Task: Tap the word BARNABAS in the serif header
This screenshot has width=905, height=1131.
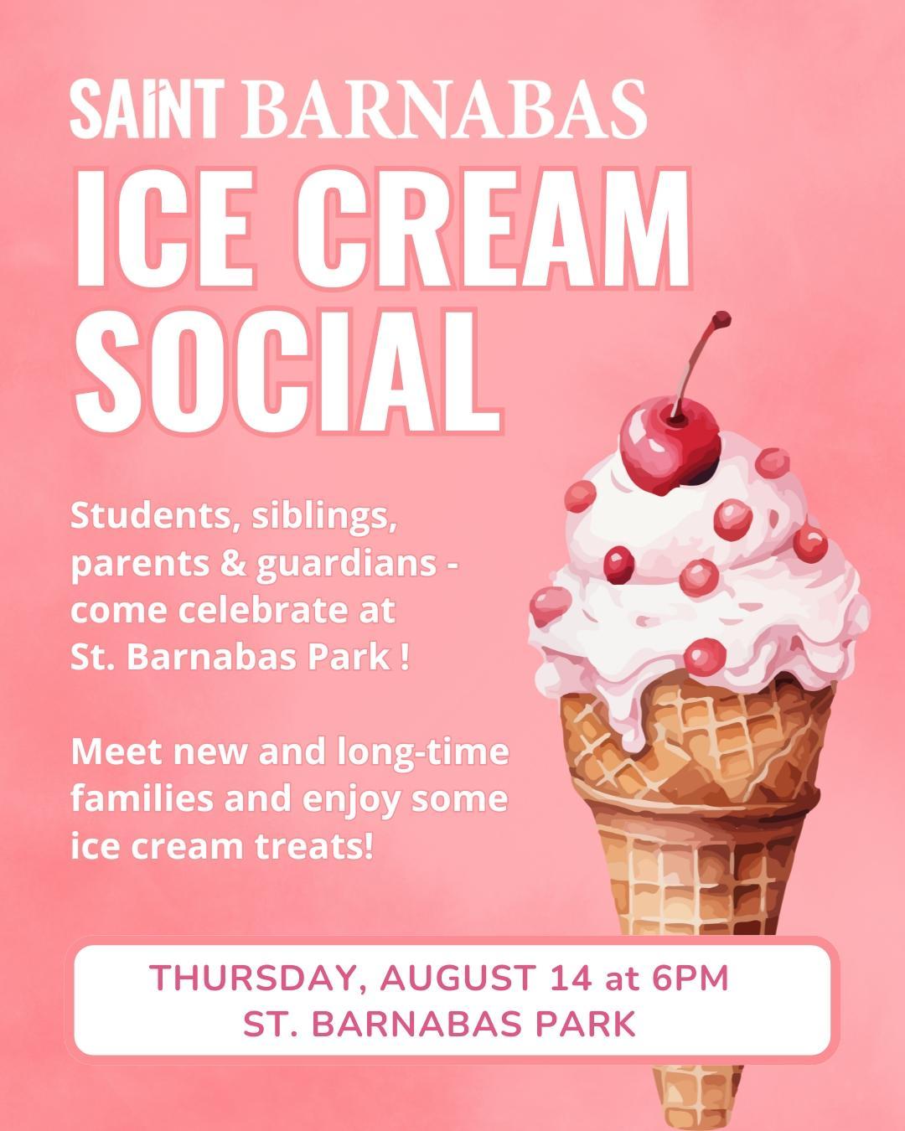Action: click(x=446, y=109)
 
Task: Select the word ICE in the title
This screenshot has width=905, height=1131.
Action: click(x=164, y=229)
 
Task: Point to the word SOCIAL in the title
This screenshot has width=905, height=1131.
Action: click(x=287, y=372)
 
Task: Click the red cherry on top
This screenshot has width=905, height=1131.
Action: click(x=670, y=451)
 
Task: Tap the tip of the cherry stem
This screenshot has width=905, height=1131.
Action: click(x=723, y=318)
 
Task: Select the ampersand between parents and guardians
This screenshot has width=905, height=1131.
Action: click(x=234, y=563)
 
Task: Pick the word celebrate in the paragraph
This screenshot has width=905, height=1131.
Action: click(x=269, y=610)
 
